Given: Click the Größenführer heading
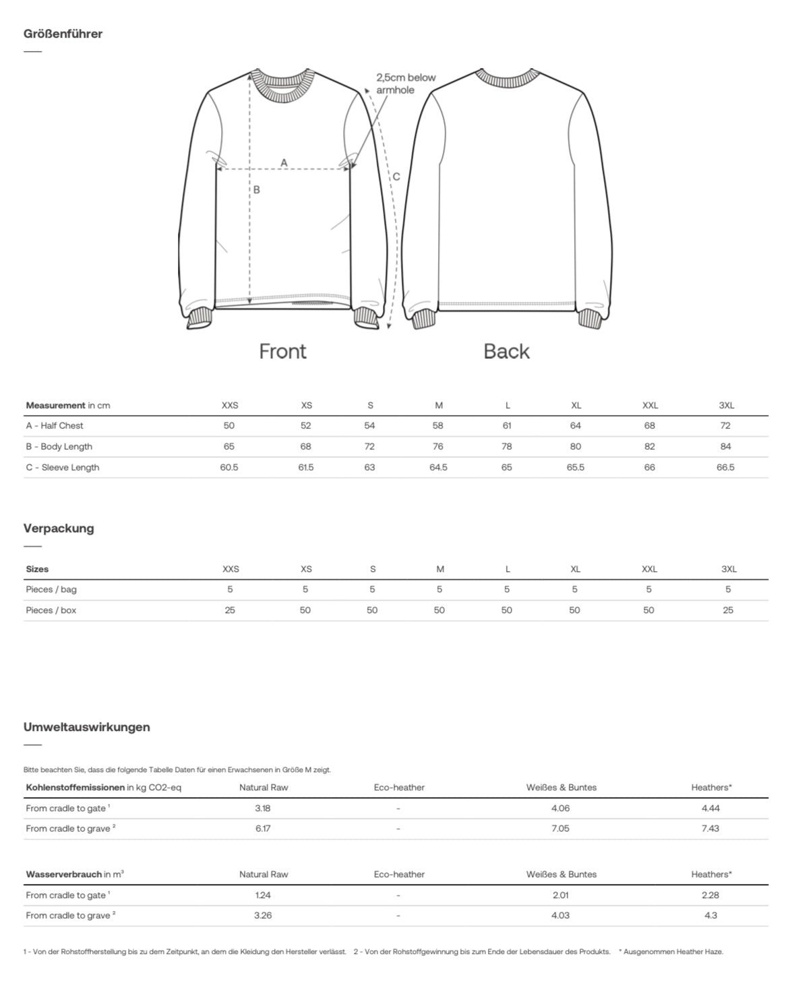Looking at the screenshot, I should [63, 34].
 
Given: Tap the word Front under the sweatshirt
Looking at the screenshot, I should [282, 351].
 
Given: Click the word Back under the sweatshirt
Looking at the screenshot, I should [506, 351].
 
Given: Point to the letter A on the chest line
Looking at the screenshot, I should [284, 162].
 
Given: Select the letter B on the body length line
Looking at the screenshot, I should [256, 190].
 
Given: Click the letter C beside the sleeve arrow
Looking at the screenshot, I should [396, 177].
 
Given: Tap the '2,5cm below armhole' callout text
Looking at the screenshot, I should [405, 84].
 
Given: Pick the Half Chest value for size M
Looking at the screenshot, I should [438, 426].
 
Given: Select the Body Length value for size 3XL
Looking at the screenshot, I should [725, 447].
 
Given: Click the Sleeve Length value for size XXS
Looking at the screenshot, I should [229, 468].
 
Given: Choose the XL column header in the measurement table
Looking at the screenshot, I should [576, 406].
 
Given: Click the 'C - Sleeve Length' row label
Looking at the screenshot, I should [63, 468].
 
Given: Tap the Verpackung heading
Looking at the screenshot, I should [59, 528].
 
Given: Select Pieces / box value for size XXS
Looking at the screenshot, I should [230, 610].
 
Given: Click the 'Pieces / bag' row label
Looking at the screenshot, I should [51, 590].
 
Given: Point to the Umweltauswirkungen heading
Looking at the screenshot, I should [86, 727].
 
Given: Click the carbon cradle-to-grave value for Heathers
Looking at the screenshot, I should [710, 829].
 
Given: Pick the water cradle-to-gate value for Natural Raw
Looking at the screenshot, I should [263, 895].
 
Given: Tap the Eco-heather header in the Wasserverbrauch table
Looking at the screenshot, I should [399, 875].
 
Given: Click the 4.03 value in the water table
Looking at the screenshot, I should [560, 916].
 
